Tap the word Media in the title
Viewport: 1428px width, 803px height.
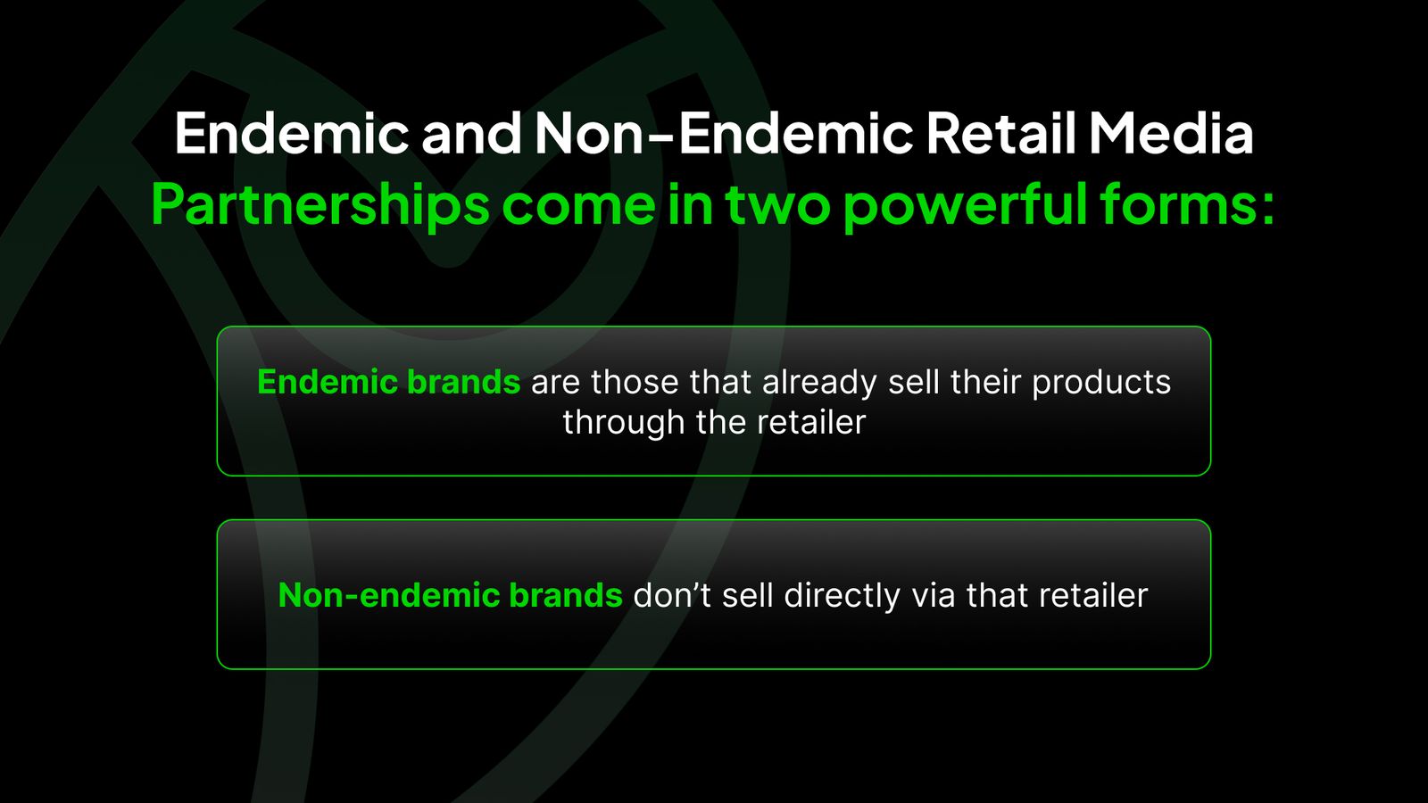[x=1172, y=133]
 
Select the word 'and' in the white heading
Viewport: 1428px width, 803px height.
[x=471, y=133]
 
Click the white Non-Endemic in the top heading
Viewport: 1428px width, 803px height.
[x=724, y=133]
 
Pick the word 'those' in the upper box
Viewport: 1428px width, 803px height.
[x=635, y=383]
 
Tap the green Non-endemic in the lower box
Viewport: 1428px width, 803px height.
[x=388, y=595]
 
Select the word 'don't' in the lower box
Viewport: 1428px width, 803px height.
[x=672, y=595]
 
